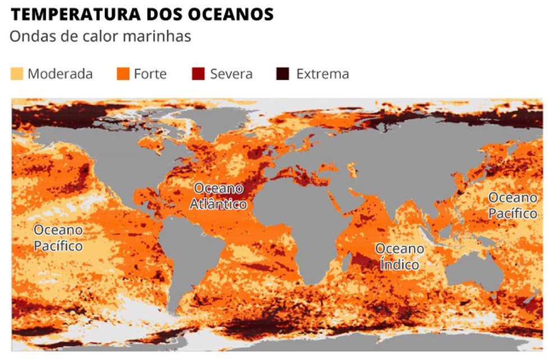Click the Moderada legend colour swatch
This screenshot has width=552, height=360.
(x=17, y=73)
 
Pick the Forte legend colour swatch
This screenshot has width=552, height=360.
(x=123, y=73)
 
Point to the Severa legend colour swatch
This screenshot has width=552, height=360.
(x=199, y=73)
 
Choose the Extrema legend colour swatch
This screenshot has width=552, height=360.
(x=283, y=73)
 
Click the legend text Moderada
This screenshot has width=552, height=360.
(x=60, y=74)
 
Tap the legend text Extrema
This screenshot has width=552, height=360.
(x=323, y=74)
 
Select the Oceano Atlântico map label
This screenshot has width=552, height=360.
(x=218, y=196)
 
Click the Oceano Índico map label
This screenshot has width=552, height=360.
(x=399, y=256)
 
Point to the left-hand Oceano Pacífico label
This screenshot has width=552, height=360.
(x=58, y=238)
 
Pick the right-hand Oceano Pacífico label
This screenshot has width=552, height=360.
(x=512, y=205)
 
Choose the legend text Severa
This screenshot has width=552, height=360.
(x=231, y=74)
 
